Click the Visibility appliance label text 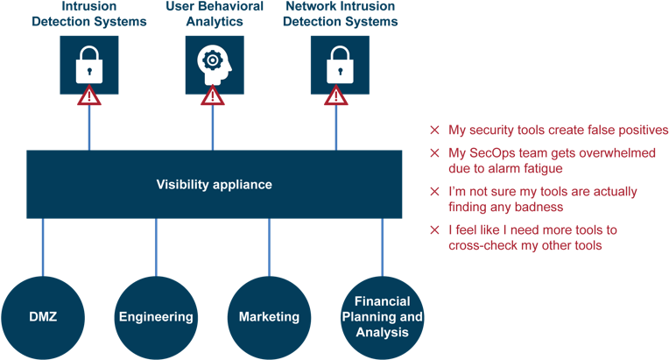[x=214, y=185]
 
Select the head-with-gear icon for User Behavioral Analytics [x=212, y=64]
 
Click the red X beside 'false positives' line [x=434, y=131]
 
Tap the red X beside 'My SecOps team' [x=434, y=153]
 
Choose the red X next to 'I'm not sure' [x=434, y=191]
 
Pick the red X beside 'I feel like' [x=434, y=230]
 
